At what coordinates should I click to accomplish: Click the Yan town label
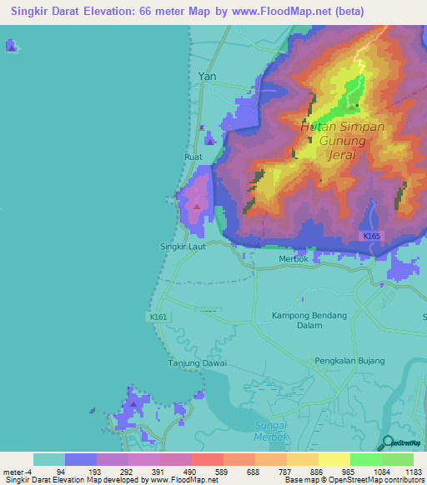click(207, 76)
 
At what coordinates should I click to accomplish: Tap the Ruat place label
click(193, 156)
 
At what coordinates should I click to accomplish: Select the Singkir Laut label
click(182, 247)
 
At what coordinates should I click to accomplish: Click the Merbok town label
click(293, 259)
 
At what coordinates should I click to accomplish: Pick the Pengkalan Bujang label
click(349, 361)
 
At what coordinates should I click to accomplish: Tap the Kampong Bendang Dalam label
click(309, 321)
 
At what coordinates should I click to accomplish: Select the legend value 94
click(82, 472)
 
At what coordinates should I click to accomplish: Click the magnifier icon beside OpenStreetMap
click(387, 443)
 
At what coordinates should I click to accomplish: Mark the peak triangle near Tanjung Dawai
click(133, 404)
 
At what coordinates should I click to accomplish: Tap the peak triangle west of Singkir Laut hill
click(197, 205)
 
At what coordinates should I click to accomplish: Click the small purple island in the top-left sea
click(10, 45)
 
